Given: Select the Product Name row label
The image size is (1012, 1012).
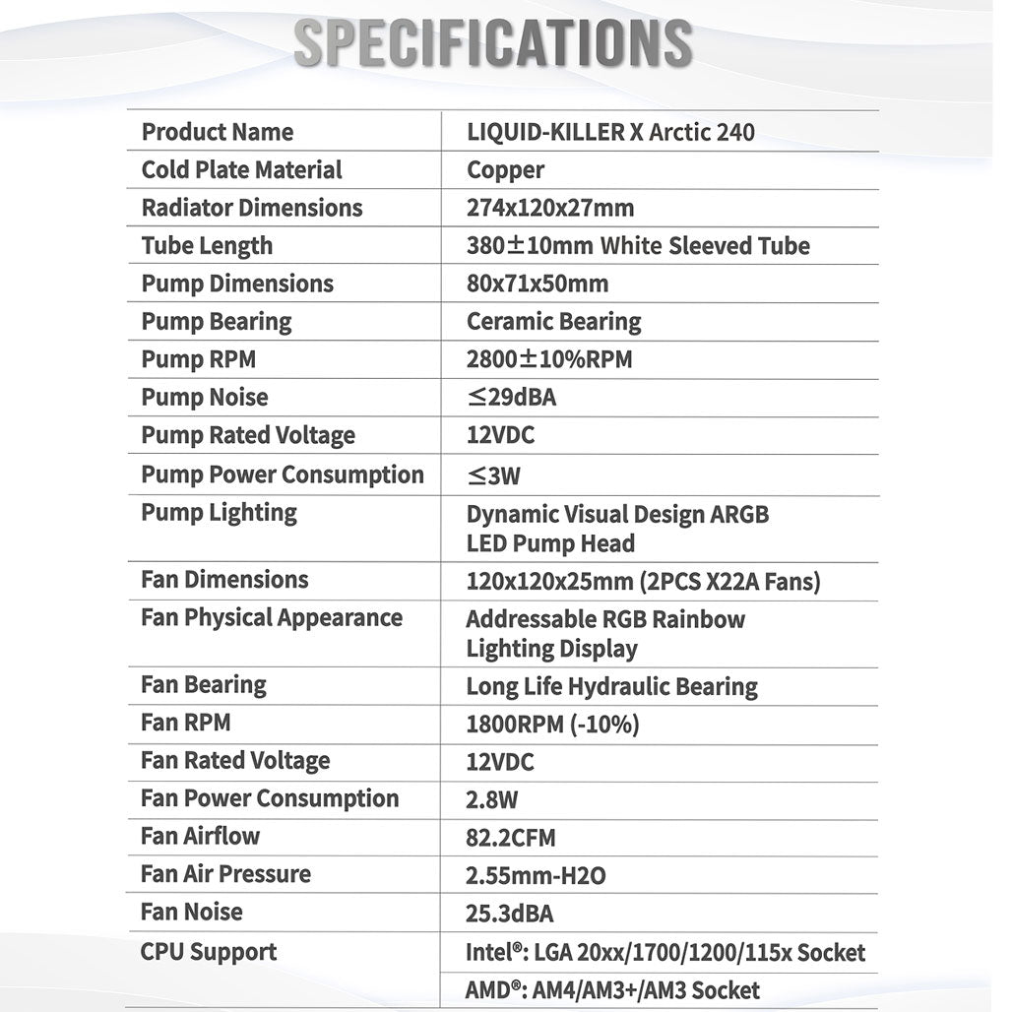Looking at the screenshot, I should [218, 132].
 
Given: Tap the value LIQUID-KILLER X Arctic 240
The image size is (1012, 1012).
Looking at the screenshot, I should [610, 132].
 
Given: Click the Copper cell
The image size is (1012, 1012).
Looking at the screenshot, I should [505, 170].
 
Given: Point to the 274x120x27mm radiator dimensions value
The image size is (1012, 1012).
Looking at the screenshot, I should [550, 208].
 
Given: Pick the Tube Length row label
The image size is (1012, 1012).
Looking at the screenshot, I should [207, 246].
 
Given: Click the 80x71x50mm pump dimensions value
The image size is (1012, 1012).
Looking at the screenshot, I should [538, 285].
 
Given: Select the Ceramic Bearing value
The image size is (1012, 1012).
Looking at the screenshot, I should [553, 322].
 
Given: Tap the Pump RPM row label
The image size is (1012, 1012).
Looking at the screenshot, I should [198, 359].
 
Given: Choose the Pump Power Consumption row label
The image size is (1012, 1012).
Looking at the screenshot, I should [283, 474].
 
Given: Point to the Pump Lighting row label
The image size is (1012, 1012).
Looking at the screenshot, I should [219, 512].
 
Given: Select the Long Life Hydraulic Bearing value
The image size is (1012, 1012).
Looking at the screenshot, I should [611, 686].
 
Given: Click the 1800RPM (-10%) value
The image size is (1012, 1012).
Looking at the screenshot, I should [552, 725].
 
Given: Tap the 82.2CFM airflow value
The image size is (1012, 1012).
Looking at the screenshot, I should [511, 838].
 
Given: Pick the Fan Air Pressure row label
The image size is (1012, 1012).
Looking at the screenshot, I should [225, 874].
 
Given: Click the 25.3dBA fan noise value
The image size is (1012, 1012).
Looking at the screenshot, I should [509, 914].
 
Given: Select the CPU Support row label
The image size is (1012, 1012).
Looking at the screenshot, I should [209, 952].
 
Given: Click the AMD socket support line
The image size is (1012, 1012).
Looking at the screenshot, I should [612, 990].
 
